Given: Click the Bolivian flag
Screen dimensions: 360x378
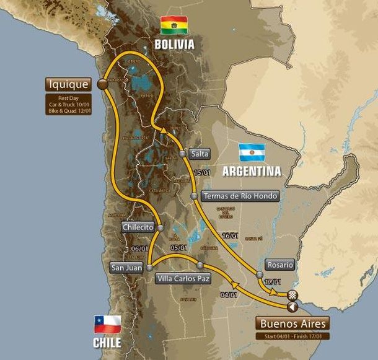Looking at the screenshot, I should [174, 25].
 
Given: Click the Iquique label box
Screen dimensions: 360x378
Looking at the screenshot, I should [68, 84].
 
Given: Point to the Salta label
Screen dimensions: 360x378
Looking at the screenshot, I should [200, 154].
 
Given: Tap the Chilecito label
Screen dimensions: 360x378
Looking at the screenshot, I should [138, 227].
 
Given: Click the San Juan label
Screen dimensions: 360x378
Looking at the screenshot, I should [126, 268].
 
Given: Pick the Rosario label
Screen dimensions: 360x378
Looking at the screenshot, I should [280, 264].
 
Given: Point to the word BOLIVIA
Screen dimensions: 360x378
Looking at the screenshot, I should [174, 45].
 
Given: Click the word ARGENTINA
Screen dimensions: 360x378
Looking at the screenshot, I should [252, 170].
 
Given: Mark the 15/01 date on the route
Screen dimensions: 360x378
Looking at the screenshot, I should [199, 173].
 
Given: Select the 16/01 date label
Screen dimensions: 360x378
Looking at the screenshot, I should [231, 236].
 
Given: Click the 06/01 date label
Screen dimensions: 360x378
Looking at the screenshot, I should [139, 249].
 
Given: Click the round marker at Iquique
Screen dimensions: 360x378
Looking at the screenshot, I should [102, 84].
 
